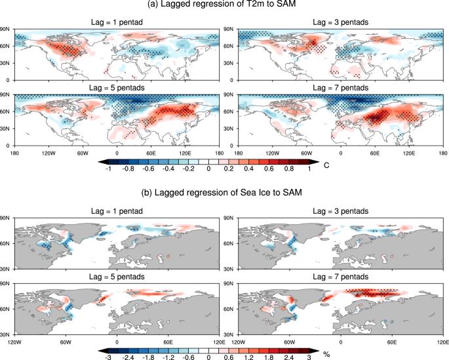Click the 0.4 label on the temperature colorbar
pyautogui.click(x=262, y=169)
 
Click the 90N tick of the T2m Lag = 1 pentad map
pyautogui.click(x=5, y=30)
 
